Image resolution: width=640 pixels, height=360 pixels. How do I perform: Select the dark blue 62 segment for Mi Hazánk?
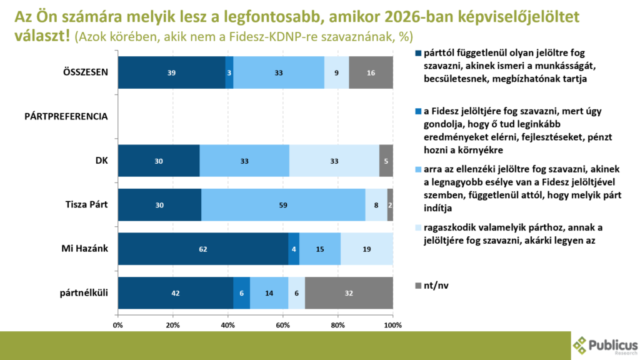click(x=203, y=249)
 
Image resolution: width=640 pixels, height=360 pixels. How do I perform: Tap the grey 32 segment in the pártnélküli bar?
click(x=349, y=292)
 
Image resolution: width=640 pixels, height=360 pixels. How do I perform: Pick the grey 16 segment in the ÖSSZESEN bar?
click(x=371, y=72)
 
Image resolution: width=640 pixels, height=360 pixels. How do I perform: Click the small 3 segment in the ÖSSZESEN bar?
click(x=229, y=72)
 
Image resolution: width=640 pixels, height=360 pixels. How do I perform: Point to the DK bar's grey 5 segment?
click(x=386, y=161)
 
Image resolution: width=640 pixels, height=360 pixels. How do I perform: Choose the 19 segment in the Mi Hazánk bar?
click(x=367, y=249)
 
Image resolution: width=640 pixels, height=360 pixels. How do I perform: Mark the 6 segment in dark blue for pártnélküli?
click(x=241, y=292)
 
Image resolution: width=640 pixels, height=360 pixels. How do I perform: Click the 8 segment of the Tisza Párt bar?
click(x=376, y=204)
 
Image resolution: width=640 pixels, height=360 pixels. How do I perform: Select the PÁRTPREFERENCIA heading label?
click(x=66, y=116)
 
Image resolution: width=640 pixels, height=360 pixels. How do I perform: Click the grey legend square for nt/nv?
click(x=418, y=286)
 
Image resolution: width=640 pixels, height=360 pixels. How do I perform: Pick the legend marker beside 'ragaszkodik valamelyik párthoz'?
click(x=418, y=227)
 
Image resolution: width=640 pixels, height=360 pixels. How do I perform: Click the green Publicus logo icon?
click(x=581, y=345)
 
